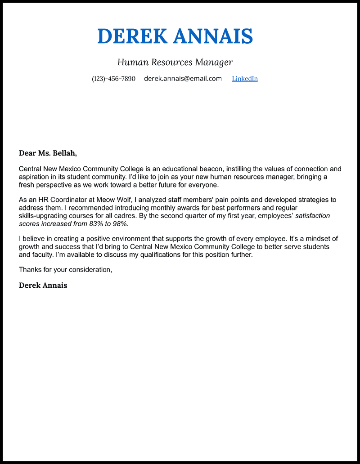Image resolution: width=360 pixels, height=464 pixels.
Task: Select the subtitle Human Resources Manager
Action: [175, 62]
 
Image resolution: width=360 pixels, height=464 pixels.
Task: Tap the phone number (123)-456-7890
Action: [113, 79]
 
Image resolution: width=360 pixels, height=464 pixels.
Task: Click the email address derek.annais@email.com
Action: [183, 79]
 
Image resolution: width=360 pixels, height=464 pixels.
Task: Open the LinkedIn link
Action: [245, 79]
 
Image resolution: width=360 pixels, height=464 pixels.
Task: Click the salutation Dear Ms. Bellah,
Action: [48, 153]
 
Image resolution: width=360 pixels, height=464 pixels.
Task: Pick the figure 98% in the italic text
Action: [120, 223]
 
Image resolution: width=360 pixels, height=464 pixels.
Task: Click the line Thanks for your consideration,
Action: [65, 270]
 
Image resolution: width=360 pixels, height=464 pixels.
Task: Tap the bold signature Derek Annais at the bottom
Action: [43, 286]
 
